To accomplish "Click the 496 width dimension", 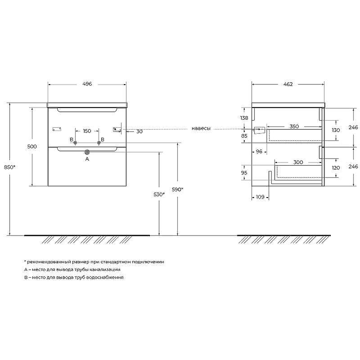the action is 87,84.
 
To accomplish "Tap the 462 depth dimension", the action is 288,84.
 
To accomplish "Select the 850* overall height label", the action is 9,167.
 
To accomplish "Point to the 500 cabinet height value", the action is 32,147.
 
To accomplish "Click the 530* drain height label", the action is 159,194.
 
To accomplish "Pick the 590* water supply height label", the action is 177,189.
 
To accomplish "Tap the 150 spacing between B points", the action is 87,131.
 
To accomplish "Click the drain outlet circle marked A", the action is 87,152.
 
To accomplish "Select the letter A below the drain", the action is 87,159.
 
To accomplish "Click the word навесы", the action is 201,129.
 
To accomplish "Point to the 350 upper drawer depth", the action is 294,126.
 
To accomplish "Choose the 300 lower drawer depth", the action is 298,162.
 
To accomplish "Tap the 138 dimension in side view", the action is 244,118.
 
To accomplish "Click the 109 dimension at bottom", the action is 260,197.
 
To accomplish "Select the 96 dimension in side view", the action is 259,151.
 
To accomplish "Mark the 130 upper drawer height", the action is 336,130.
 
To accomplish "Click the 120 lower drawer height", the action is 336,167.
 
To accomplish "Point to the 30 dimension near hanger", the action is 139,131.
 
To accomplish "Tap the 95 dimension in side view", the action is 244,172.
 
